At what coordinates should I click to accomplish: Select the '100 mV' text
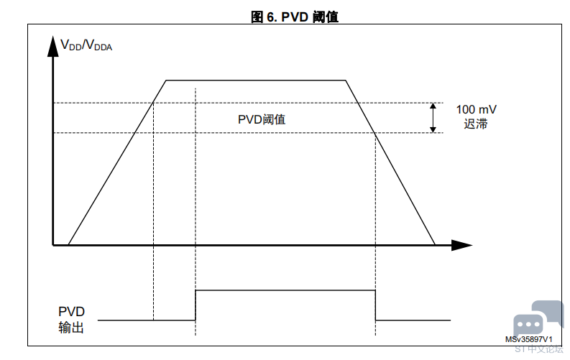point(476,109)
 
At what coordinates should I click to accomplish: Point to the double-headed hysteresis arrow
point(433,118)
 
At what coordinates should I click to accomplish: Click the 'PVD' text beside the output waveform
point(71,312)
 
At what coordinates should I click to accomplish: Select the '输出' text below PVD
point(71,328)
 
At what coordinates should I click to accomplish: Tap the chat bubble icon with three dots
point(528,323)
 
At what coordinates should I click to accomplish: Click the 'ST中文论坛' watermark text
point(539,349)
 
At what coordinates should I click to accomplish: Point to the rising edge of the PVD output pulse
point(196,305)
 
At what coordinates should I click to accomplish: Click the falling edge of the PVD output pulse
point(375,305)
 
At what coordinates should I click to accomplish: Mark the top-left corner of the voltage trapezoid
point(167,80)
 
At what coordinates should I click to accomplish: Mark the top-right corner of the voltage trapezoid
point(347,80)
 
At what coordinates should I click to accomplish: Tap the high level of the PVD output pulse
point(285,290)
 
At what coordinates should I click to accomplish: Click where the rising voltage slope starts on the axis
point(68,245)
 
